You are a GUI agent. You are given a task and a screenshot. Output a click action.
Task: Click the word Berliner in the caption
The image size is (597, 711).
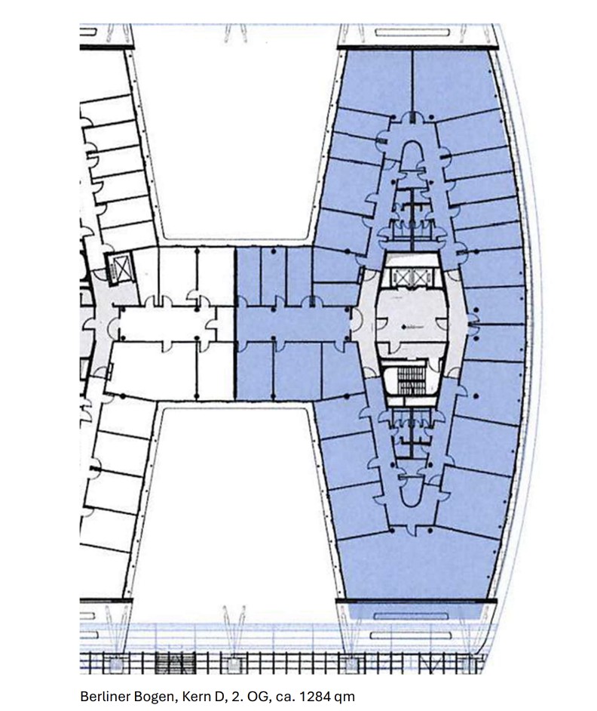[x=102, y=697]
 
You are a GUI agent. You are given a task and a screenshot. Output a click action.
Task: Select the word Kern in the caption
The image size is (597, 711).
[x=194, y=697]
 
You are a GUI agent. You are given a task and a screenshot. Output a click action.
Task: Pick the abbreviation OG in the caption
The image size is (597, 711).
[x=255, y=697]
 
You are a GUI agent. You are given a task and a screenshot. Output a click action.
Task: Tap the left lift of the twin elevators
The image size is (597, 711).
[x=400, y=275]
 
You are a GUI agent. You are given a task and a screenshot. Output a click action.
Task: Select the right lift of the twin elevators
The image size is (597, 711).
[x=420, y=275]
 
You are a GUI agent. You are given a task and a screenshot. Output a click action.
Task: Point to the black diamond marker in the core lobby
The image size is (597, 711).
[x=403, y=327]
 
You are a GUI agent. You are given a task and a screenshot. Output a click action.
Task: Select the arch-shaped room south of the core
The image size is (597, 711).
[x=412, y=492]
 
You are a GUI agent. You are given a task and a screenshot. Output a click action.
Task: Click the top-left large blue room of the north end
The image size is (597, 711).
[x=377, y=82]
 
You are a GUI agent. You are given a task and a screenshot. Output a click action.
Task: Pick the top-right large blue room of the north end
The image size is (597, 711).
[x=453, y=82]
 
